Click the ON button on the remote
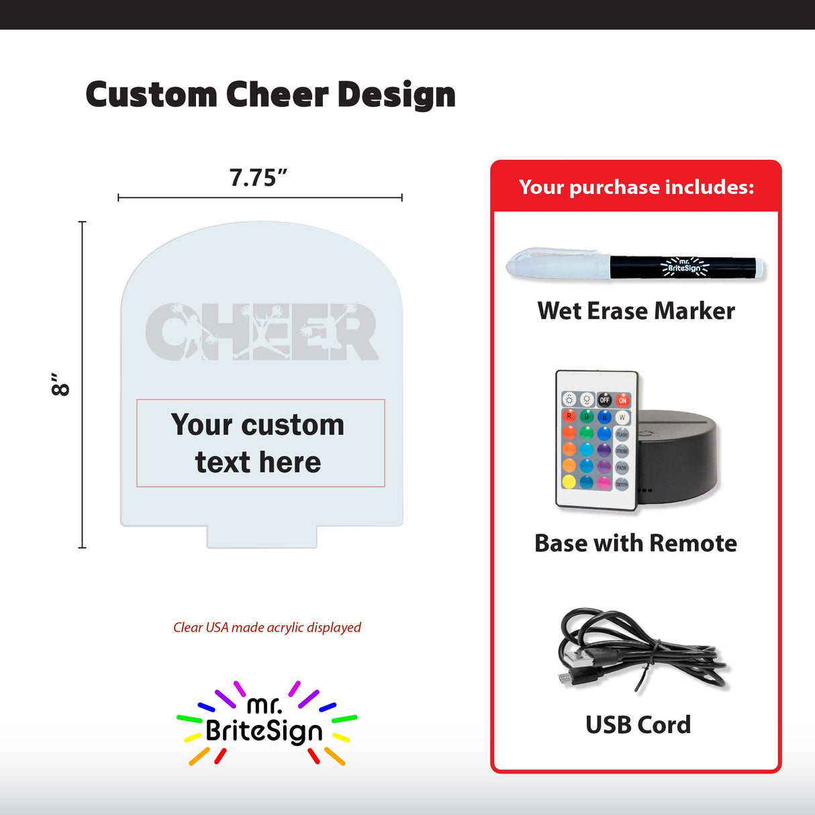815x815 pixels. coord(623,400)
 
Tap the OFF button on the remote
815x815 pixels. coord(605,400)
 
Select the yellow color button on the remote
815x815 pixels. coord(569,481)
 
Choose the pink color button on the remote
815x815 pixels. coord(604,483)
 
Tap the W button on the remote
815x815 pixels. coord(622,418)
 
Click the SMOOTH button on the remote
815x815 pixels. coord(622,484)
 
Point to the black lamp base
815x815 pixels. coord(678,457)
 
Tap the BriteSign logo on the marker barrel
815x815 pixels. coord(684,267)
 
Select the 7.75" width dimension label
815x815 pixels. coord(258,178)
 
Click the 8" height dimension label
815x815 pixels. coord(60,384)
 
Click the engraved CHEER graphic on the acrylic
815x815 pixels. coord(261,331)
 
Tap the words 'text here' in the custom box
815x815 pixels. coord(258,463)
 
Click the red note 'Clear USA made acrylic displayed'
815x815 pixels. coord(267,627)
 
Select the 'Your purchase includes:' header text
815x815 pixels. coord(636,187)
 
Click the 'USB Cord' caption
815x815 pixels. coord(638,724)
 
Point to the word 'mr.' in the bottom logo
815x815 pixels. coord(265,705)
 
